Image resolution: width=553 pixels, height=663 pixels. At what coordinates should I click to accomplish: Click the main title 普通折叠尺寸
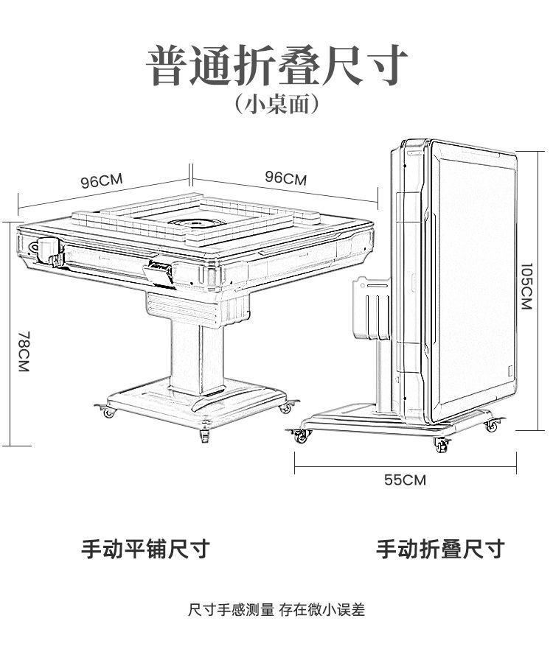[276, 66]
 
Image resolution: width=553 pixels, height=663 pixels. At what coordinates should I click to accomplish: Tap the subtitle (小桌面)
[276, 104]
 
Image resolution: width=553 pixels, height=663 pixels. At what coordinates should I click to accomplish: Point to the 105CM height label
[526, 287]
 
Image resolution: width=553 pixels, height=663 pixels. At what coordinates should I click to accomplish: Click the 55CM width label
[405, 480]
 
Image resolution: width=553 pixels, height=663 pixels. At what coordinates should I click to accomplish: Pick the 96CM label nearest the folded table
[285, 178]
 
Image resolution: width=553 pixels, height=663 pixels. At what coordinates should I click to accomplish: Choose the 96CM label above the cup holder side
[101, 181]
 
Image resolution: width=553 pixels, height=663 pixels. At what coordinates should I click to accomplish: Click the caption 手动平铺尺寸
[145, 549]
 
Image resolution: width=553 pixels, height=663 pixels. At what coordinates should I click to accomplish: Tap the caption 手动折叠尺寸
[440, 549]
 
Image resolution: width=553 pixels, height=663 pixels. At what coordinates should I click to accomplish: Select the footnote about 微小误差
[276, 610]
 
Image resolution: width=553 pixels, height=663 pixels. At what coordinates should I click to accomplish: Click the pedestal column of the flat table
[197, 354]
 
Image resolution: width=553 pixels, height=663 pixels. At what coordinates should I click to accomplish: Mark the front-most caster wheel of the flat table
[204, 436]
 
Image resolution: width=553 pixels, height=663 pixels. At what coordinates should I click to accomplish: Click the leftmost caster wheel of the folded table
[299, 437]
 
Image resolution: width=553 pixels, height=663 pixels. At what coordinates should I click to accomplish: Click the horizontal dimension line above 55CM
[404, 463]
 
